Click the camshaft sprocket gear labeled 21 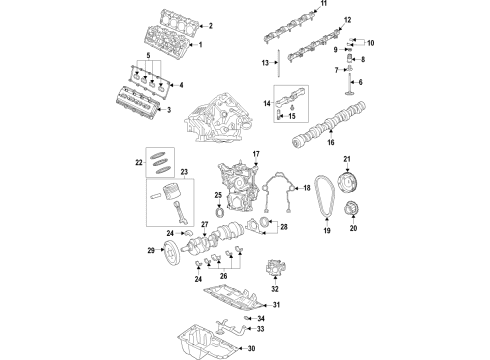point(349,187)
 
